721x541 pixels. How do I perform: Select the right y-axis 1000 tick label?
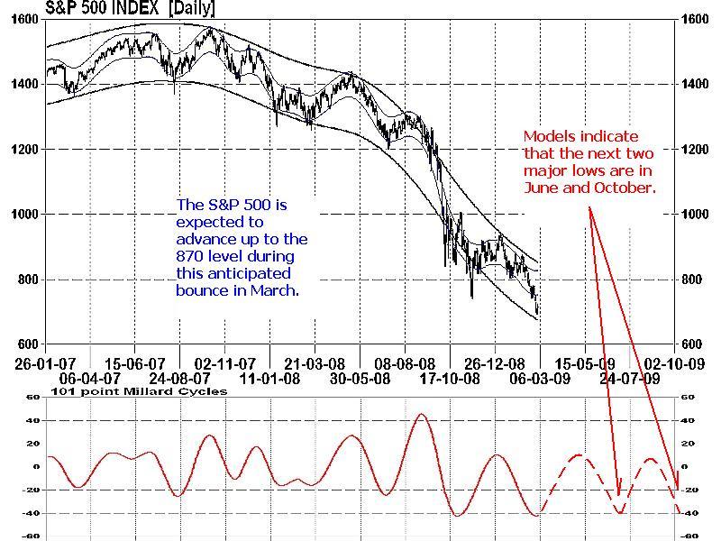pyautogui.click(x=690, y=215)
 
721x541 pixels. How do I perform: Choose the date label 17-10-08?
pyautogui.click(x=445, y=380)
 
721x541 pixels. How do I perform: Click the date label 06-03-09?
pyautogui.click(x=538, y=380)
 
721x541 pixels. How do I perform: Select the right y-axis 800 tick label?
pyautogui.click(x=690, y=280)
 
